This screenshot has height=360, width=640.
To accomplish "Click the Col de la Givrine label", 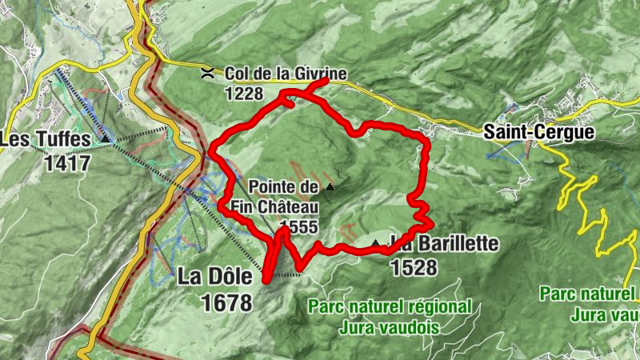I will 285,74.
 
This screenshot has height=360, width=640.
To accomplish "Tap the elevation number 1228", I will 243,93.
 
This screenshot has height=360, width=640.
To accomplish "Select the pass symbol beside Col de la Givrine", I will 207,73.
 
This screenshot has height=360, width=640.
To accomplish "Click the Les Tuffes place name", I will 46,140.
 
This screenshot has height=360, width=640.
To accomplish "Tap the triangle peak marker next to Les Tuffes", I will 106,139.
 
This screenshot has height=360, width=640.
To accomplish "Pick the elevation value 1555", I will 300,226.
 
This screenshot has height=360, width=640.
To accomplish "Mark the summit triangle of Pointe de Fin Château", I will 330,188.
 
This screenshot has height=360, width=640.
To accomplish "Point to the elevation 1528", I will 414,266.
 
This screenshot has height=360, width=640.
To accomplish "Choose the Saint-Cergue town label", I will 539,132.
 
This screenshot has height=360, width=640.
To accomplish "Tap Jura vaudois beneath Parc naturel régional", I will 390,326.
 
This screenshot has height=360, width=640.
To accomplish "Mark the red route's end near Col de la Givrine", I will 326,82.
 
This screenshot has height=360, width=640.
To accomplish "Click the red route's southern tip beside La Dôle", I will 266,280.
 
